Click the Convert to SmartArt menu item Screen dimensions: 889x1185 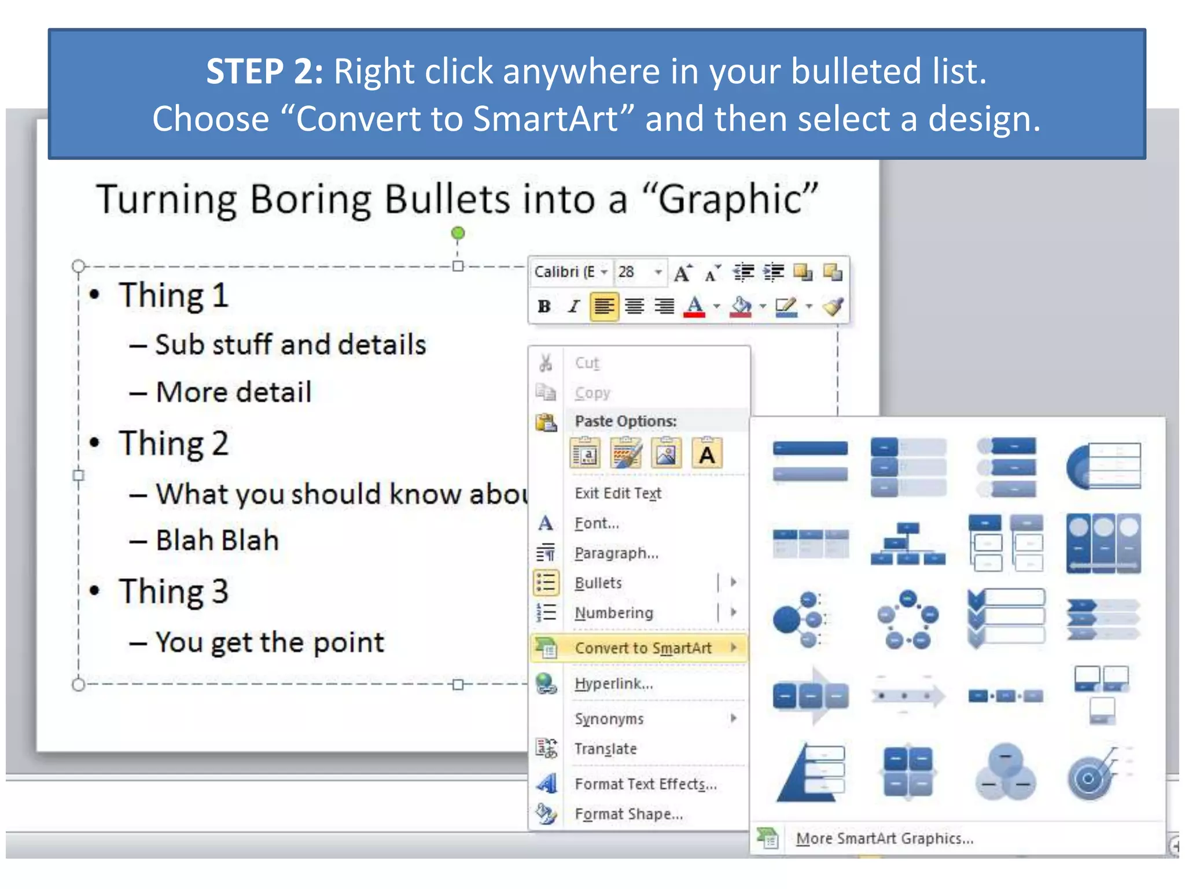[643, 648]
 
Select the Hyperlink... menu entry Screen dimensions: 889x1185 [613, 684]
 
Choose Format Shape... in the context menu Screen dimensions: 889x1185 [628, 814]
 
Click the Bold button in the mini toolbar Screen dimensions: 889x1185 [544, 306]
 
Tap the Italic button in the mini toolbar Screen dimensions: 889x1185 [573, 306]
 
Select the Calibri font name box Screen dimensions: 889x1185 [564, 271]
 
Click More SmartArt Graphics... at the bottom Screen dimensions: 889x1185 [884, 838]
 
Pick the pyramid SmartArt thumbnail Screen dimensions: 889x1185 [810, 772]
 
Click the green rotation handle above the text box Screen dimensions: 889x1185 [458, 233]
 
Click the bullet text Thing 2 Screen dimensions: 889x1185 [174, 443]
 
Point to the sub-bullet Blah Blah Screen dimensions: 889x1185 [217, 540]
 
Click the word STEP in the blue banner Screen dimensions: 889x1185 [244, 71]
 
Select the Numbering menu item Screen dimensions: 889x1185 [613, 612]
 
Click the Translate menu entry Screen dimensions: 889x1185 [605, 748]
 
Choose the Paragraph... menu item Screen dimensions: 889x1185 [616, 553]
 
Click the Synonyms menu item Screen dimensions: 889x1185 [609, 718]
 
